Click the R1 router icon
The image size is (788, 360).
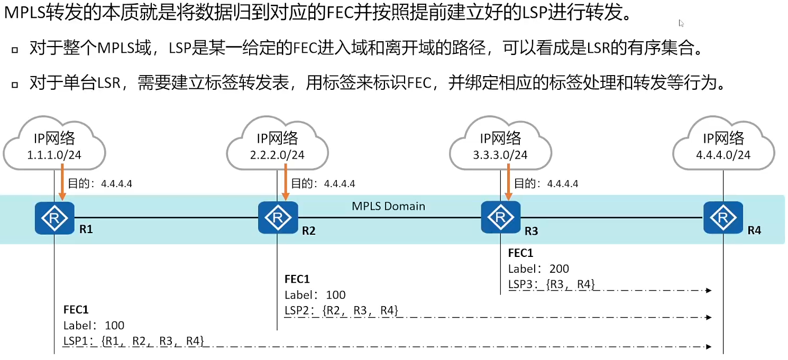[x=54, y=217]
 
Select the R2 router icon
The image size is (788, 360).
[x=278, y=217]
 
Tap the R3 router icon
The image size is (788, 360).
[x=500, y=217]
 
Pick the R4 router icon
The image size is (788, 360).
[x=723, y=217]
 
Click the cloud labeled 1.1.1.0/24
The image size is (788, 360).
[x=54, y=145]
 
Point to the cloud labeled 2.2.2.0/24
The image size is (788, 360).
[x=278, y=145]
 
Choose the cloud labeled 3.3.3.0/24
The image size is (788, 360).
[x=500, y=145]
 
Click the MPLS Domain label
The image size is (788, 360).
[x=389, y=206]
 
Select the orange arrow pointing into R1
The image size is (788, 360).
[x=63, y=182]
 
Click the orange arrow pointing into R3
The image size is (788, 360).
[x=509, y=182]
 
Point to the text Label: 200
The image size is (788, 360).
[x=538, y=269]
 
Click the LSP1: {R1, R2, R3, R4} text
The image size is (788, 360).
[x=134, y=340]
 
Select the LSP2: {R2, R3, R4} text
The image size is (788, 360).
[x=341, y=310]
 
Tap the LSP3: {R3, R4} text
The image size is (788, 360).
[x=552, y=284]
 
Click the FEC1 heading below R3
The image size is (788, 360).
[x=520, y=253]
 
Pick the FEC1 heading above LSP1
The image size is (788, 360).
[x=76, y=309]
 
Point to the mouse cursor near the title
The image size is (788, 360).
[x=682, y=23]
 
